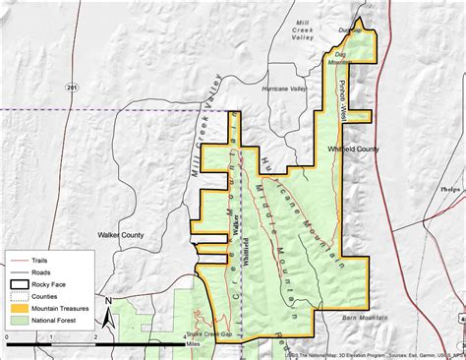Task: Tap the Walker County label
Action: [x=121, y=235]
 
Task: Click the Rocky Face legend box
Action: [x=19, y=281]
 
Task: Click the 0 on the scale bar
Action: [x=8, y=337]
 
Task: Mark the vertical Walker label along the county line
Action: [x=236, y=216]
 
